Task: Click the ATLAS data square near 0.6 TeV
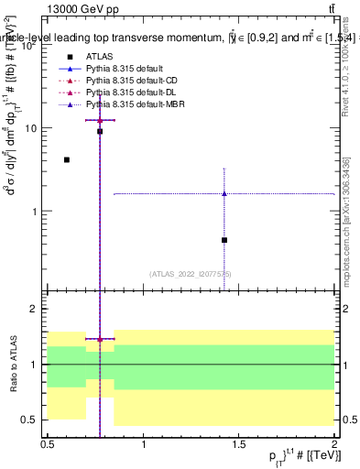pos(67,159)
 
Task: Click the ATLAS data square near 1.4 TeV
pos(224,240)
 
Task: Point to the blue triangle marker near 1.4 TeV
pos(224,193)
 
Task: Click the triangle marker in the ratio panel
pos(100,339)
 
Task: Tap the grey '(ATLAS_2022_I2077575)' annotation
pos(191,274)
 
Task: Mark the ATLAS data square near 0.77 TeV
pos(100,131)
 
